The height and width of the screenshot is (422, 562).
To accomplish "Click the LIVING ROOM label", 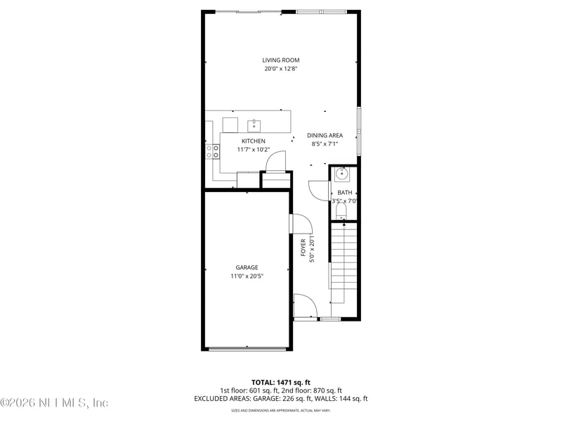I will coord(281,60).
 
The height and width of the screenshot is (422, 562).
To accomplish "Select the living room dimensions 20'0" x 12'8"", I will coord(281,69).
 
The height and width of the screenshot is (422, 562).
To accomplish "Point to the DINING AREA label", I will coord(325,135).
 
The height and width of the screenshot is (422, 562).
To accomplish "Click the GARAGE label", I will coord(247,267).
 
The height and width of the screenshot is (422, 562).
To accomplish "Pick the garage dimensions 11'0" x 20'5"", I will coord(247,276).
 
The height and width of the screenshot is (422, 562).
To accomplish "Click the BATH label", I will coord(344,192).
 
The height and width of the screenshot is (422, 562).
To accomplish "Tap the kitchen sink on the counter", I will coord(254,125).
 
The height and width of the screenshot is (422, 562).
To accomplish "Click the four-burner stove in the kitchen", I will coord(211,151).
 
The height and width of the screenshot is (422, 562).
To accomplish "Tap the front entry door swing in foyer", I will coord(306,306).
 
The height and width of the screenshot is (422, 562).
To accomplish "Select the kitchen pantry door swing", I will coord(275,162).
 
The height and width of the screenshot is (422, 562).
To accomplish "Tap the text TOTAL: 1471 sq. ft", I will coord(280,382).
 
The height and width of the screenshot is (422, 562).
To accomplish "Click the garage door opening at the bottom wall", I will coord(247,348).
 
